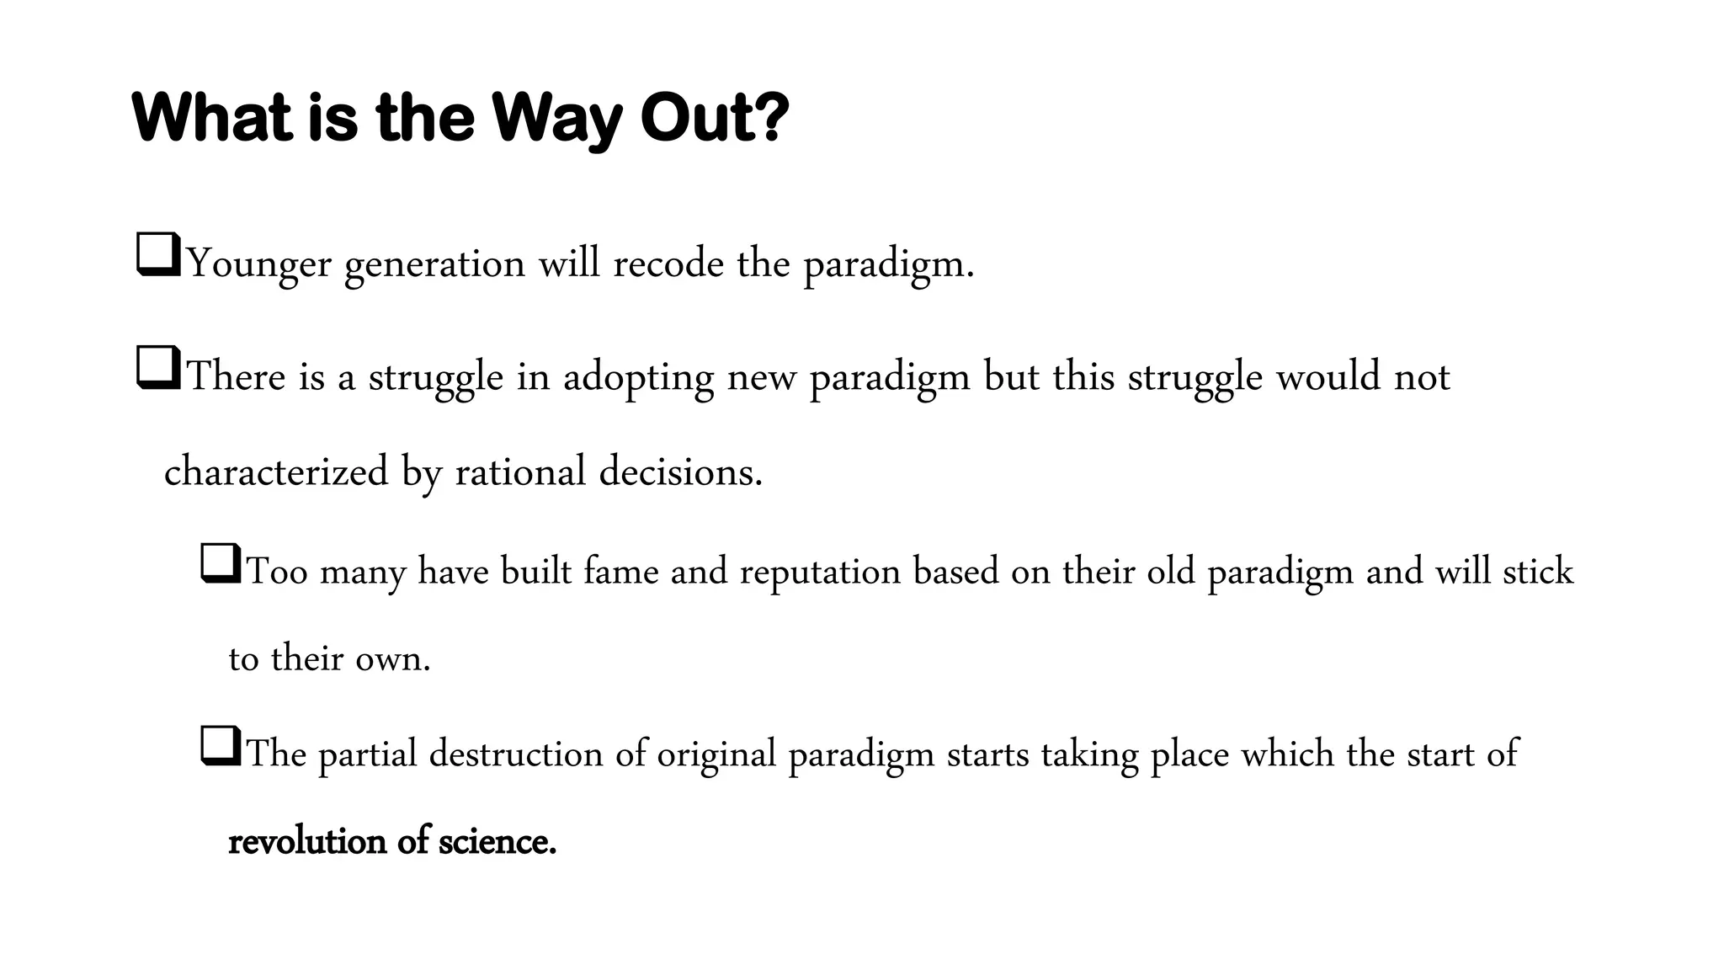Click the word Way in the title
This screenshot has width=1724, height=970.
pyautogui.click(x=556, y=119)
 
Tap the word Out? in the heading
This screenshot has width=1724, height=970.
pyautogui.click(x=715, y=117)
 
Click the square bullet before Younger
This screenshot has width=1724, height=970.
pyautogui.click(x=157, y=254)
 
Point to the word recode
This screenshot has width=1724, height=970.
pyautogui.click(x=668, y=264)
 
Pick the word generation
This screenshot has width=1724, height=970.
pyautogui.click(x=435, y=264)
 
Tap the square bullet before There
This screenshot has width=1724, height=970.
pyautogui.click(x=157, y=367)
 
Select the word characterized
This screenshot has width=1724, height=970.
pyautogui.click(x=276, y=471)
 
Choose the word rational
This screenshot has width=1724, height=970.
pyautogui.click(x=520, y=471)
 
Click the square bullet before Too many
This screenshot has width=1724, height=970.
pyautogui.click(x=221, y=563)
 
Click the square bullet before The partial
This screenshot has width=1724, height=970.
pyautogui.click(x=221, y=746)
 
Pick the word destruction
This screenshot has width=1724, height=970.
pyautogui.click(x=516, y=754)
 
